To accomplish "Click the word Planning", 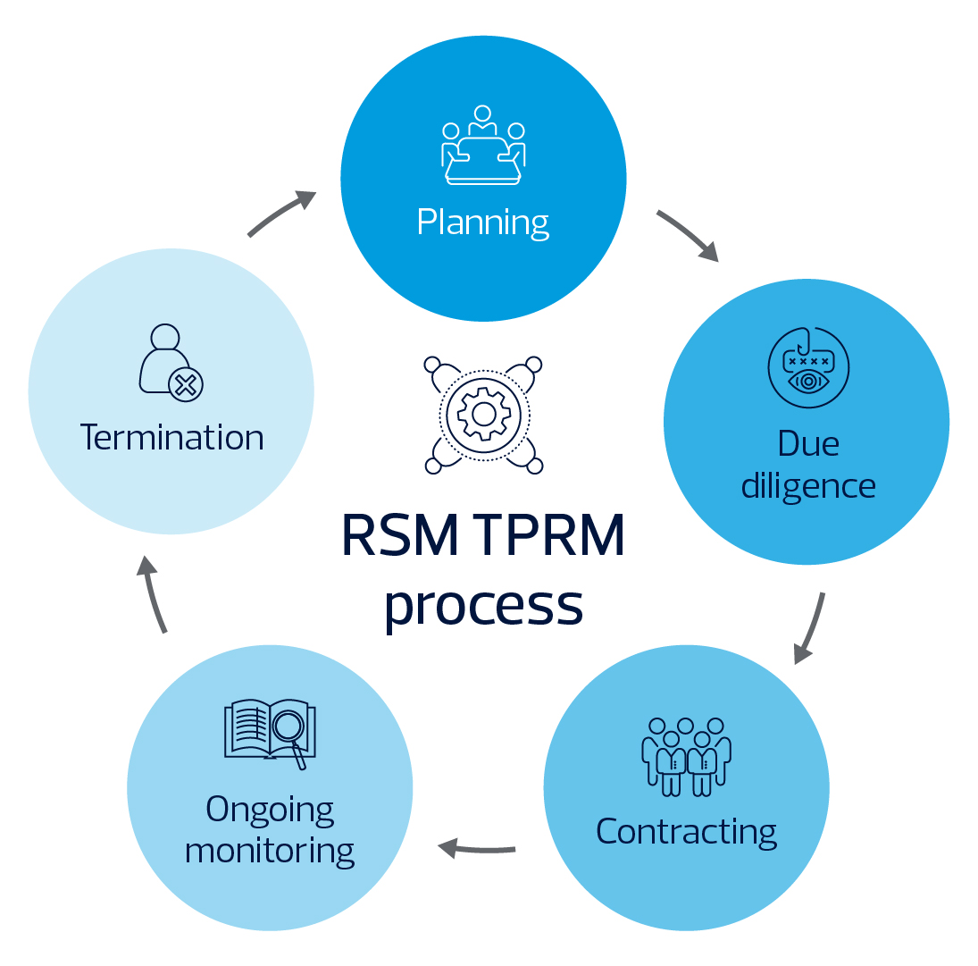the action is [483, 223].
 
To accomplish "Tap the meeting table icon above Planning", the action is [483, 146].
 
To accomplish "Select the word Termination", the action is [172, 437].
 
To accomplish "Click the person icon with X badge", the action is [171, 363].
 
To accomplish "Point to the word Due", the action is [808, 444].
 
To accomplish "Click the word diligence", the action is [808, 486].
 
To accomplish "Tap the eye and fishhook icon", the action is [808, 367].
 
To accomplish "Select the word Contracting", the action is [686, 832].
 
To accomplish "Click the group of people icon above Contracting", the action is [686, 757].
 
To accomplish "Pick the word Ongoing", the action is [270, 811].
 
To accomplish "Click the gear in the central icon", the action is [484, 414].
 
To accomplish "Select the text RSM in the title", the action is [400, 534].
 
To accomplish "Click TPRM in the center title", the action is [551, 534].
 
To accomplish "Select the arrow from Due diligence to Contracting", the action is [810, 628].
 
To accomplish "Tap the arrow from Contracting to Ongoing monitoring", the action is [477, 849].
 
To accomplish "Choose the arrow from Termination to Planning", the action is [281, 212].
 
